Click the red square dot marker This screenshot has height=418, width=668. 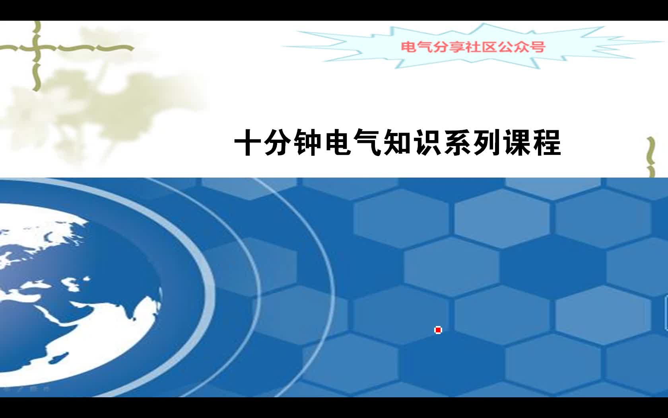click(x=438, y=330)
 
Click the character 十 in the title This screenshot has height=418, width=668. click(x=247, y=143)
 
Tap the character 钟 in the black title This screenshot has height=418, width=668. click(x=307, y=143)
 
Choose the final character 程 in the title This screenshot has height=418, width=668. click(x=548, y=143)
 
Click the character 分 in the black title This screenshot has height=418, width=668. click(x=277, y=143)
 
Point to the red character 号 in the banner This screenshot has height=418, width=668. click(x=538, y=47)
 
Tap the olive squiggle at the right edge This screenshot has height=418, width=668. click(x=651, y=157)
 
